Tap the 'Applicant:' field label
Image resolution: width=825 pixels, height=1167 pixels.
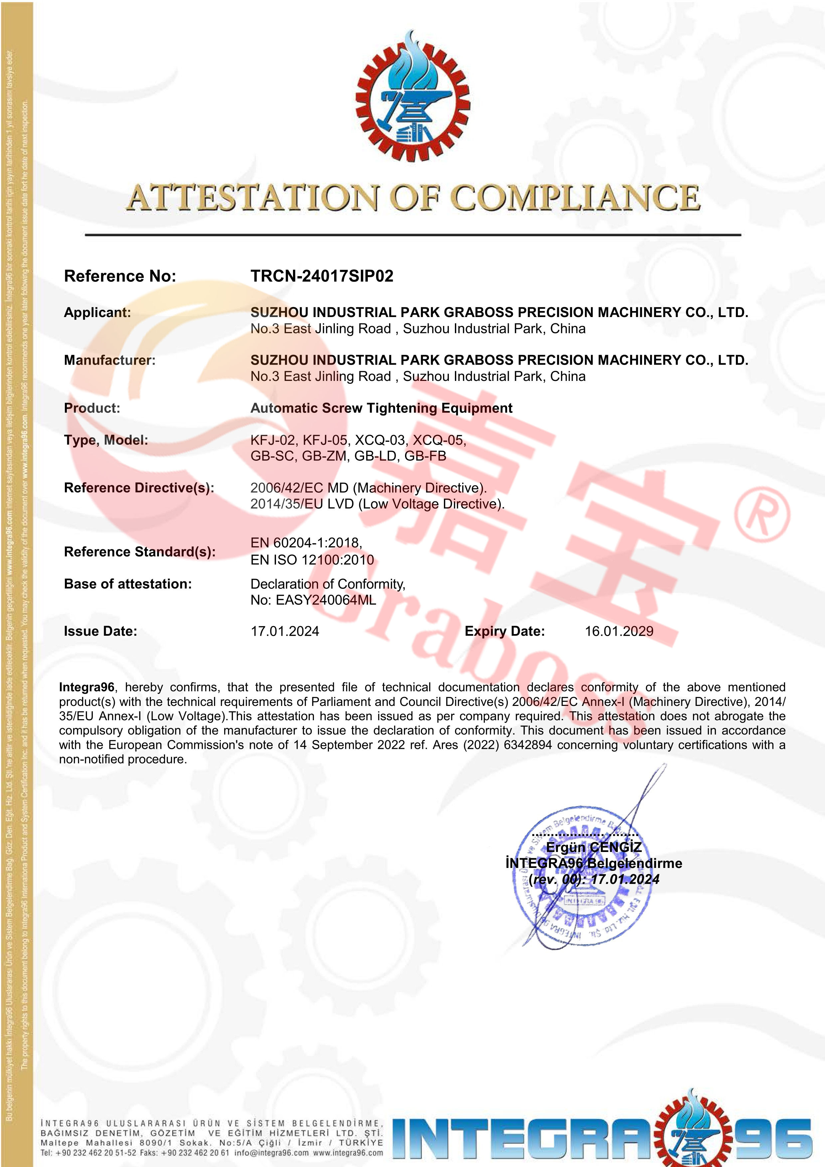pos(97,313)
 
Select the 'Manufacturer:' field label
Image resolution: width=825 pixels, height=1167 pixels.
pos(109,360)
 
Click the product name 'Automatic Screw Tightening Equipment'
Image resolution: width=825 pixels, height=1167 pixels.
pos(381,408)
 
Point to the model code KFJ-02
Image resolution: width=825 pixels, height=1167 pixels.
pos(272,440)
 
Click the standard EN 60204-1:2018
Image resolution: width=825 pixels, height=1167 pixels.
pos(306,543)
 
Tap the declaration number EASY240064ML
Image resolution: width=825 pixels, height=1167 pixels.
pos(326,600)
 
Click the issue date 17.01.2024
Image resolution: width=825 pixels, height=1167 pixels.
pos(285,631)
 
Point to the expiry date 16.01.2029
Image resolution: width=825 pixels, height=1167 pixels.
pos(619,631)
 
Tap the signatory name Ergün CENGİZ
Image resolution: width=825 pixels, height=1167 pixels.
pos(593,847)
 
